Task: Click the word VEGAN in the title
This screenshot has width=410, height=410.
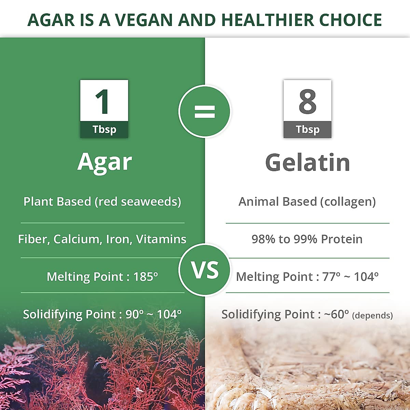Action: pyautogui.click(x=144, y=20)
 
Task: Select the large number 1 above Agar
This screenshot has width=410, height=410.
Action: pyautogui.click(x=103, y=101)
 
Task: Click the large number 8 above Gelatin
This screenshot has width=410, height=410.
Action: pyautogui.click(x=307, y=101)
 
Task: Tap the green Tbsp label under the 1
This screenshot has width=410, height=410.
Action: pyautogui.click(x=104, y=129)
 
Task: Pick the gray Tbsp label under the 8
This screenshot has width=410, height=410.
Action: pyautogui.click(x=307, y=129)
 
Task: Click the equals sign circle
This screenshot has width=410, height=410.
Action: pyautogui.click(x=205, y=111)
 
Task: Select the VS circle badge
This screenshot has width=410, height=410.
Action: pyautogui.click(x=205, y=270)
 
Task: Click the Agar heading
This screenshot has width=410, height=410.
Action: pyautogui.click(x=104, y=162)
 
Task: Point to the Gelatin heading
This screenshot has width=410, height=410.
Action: pyautogui.click(x=307, y=163)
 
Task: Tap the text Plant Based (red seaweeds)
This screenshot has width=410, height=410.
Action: pyautogui.click(x=102, y=202)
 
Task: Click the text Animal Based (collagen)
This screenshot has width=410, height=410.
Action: pyautogui.click(x=307, y=202)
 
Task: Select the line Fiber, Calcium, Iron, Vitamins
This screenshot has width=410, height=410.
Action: pyautogui.click(x=102, y=239)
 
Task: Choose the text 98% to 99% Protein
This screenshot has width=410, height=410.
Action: pyautogui.click(x=307, y=239)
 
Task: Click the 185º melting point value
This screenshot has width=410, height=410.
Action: pyautogui.click(x=146, y=276)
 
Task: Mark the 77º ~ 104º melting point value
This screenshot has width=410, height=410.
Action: pyautogui.click(x=350, y=276)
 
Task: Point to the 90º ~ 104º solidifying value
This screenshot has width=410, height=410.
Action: pyautogui.click(x=153, y=314)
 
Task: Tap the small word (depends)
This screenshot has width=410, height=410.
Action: pyautogui.click(x=372, y=315)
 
